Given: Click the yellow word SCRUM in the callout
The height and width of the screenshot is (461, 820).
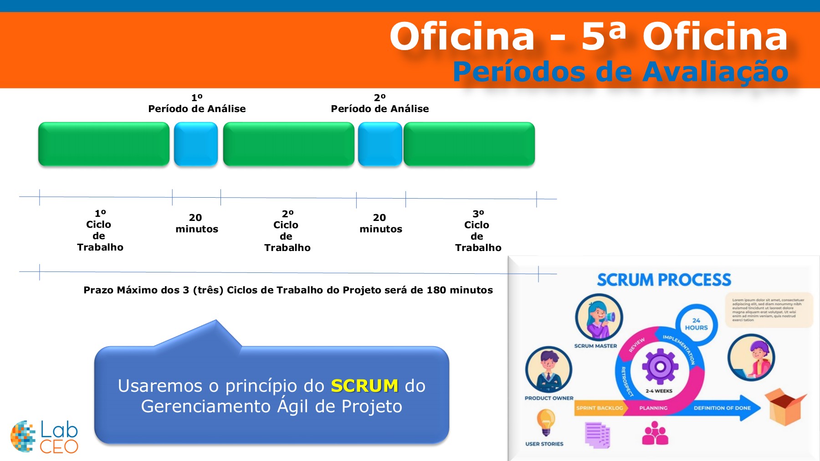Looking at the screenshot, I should point(364,386).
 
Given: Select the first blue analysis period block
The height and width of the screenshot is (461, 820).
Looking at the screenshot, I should point(196,143).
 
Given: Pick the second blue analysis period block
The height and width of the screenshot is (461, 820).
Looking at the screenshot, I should point(380,143).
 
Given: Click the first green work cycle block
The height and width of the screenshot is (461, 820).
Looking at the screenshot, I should point(104,143).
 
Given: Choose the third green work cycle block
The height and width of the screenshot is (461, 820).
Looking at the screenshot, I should point(469,143).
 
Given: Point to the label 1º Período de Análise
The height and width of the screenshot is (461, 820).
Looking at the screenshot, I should point(197,103).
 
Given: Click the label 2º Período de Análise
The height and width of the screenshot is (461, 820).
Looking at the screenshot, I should point(380,103).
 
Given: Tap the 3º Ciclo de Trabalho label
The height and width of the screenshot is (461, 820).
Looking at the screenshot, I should point(478,230).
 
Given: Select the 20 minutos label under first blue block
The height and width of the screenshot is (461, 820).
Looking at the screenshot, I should point(197,223).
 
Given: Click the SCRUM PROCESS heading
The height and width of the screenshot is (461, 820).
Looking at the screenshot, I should point(664,280).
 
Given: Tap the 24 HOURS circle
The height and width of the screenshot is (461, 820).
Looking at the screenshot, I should point(696,324).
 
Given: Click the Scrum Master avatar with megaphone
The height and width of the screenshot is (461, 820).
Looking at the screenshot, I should point(599,317).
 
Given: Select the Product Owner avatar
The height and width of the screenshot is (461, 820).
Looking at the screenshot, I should point(548,369).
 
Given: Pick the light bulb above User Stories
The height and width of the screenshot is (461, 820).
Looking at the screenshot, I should point(546,422).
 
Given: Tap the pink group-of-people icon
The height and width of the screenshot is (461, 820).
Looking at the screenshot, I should point(655,433).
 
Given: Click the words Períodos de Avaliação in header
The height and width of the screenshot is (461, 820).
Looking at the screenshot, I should point(620,72).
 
